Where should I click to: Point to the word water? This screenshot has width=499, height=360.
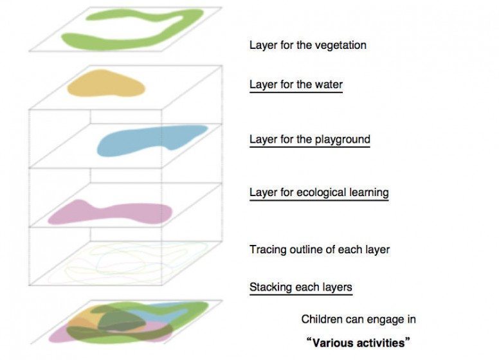328,84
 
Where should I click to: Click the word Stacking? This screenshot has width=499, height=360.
271,287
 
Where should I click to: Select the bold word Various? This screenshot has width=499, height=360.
331,342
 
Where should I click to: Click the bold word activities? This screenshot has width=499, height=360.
379,342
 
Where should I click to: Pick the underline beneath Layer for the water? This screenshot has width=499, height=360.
296,92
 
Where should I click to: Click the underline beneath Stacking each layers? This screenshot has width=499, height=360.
300,294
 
